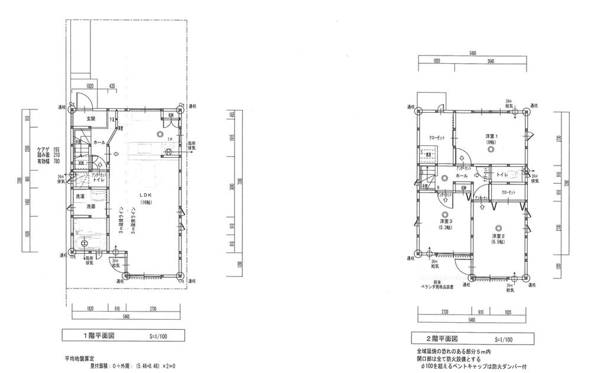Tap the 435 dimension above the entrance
112,86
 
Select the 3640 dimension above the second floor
491,61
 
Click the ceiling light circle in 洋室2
498,228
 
